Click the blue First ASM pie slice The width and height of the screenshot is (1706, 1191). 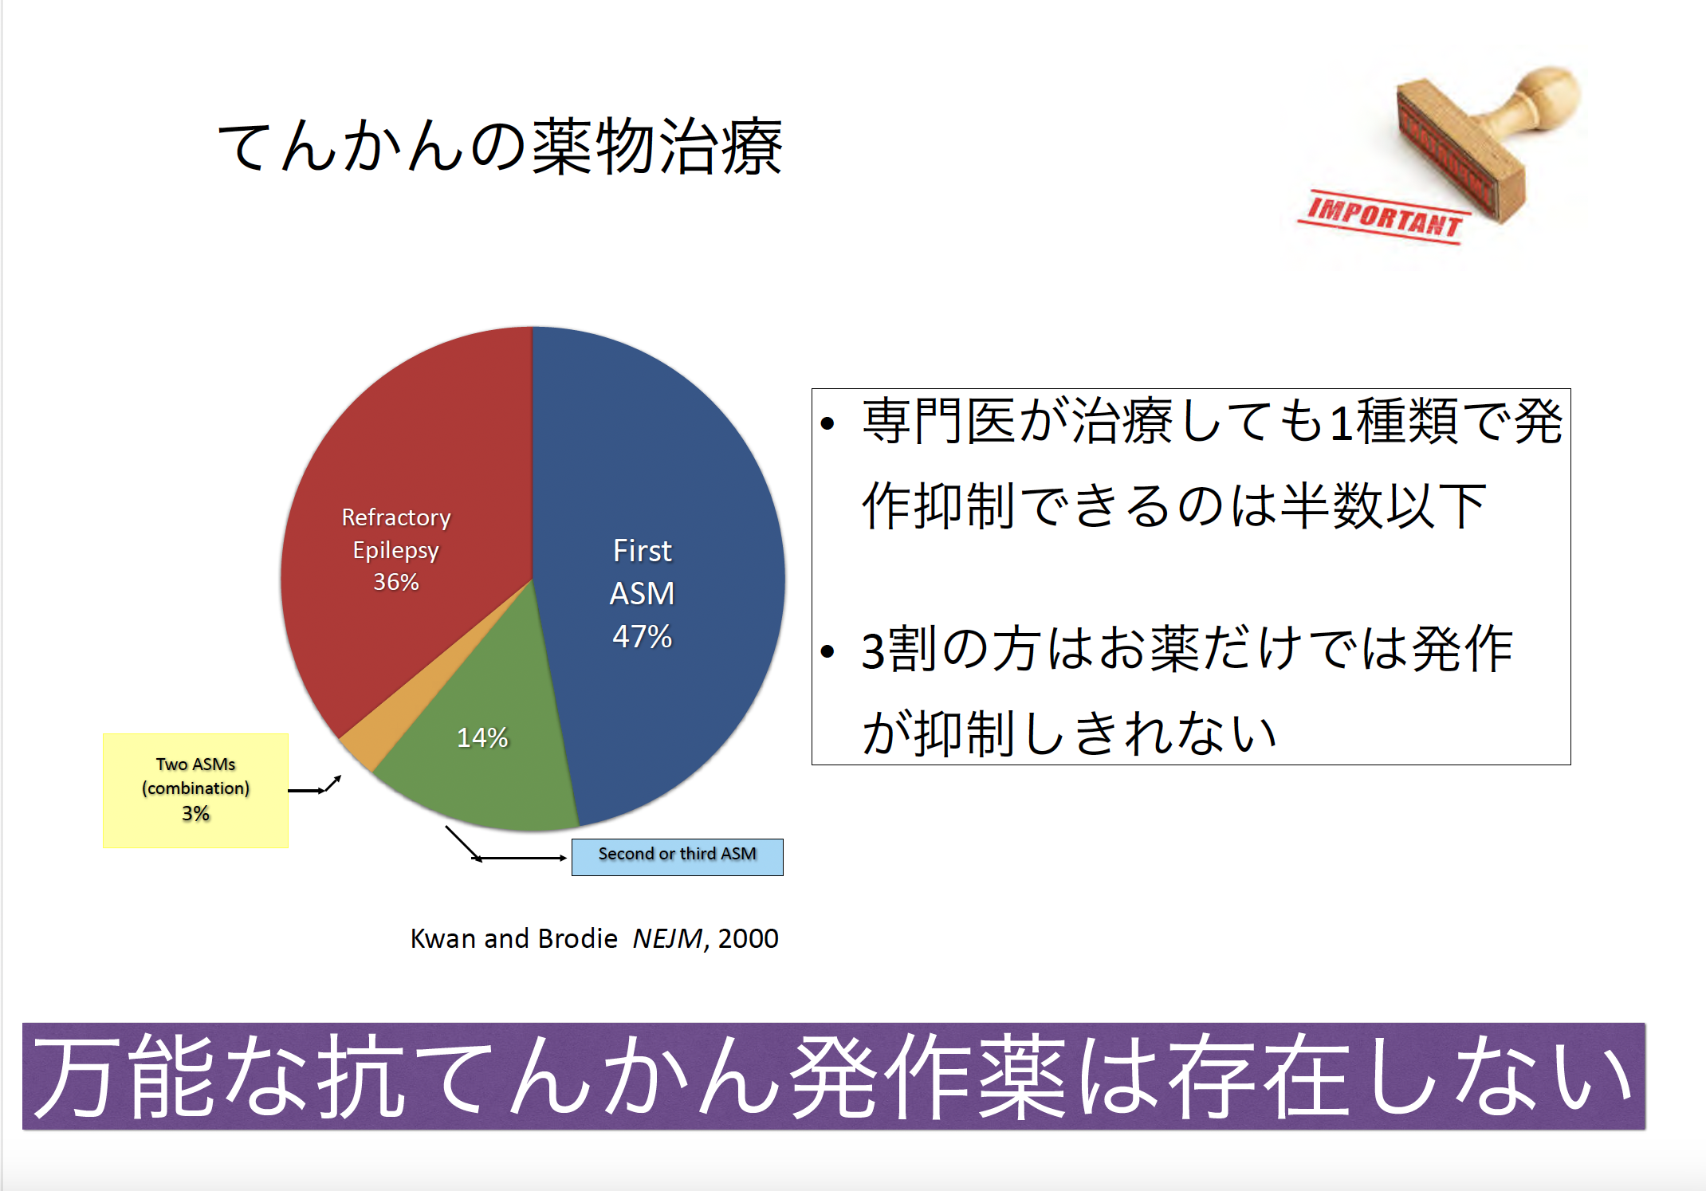coord(662,574)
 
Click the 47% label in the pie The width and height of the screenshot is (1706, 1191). coord(642,636)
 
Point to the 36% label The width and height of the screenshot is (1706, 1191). coord(396,582)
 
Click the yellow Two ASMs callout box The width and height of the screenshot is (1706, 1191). coord(195,790)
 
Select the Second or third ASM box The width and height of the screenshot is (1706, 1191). coord(677,857)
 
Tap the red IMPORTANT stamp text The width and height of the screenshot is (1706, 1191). coord(1384,217)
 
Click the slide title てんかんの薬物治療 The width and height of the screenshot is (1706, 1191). coord(500,146)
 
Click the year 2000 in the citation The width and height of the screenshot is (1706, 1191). coord(748,938)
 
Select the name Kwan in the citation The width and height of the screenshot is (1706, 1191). coord(443,938)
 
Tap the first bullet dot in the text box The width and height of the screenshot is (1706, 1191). coord(827,423)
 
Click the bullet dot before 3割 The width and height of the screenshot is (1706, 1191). coord(827,651)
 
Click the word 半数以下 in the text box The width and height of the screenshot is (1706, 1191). coord(1383,505)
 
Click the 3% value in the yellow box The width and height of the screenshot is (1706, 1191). coord(195,813)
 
